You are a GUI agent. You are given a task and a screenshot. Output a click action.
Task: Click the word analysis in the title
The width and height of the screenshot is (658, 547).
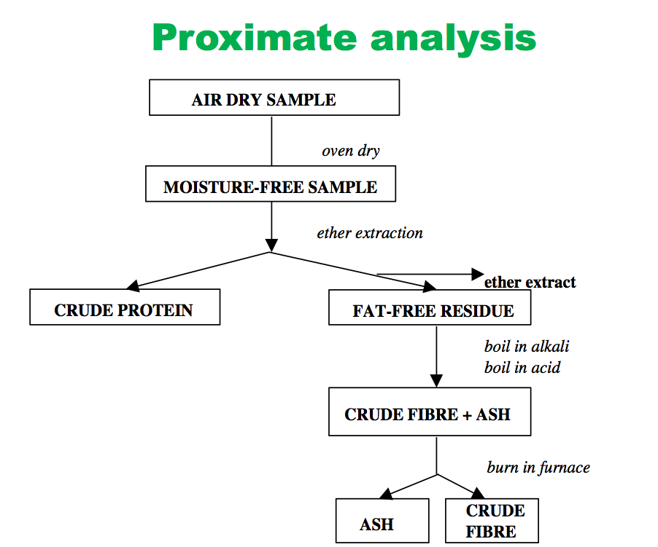point(453,37)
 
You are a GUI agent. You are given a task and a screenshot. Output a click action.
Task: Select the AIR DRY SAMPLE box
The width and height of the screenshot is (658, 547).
point(274,98)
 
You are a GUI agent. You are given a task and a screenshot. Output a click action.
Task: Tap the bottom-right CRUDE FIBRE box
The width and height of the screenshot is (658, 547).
point(492,520)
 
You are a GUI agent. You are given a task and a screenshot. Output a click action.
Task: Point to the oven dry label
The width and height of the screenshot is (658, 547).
point(351,151)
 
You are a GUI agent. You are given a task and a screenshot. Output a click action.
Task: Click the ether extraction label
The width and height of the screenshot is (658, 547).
point(370,233)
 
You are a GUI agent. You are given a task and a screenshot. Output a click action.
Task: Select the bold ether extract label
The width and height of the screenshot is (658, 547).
point(530,282)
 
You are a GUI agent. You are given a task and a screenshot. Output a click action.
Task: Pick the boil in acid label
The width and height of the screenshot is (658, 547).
point(522,367)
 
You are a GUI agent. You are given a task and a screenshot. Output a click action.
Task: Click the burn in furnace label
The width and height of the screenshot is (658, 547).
point(538,467)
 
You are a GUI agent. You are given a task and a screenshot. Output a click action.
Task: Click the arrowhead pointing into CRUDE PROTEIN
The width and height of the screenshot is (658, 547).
point(133,285)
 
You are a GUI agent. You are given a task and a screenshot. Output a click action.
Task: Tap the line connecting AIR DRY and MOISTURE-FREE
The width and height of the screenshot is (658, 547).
point(271,141)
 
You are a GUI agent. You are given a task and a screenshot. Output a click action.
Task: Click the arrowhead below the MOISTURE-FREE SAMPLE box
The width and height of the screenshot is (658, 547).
point(271,245)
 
